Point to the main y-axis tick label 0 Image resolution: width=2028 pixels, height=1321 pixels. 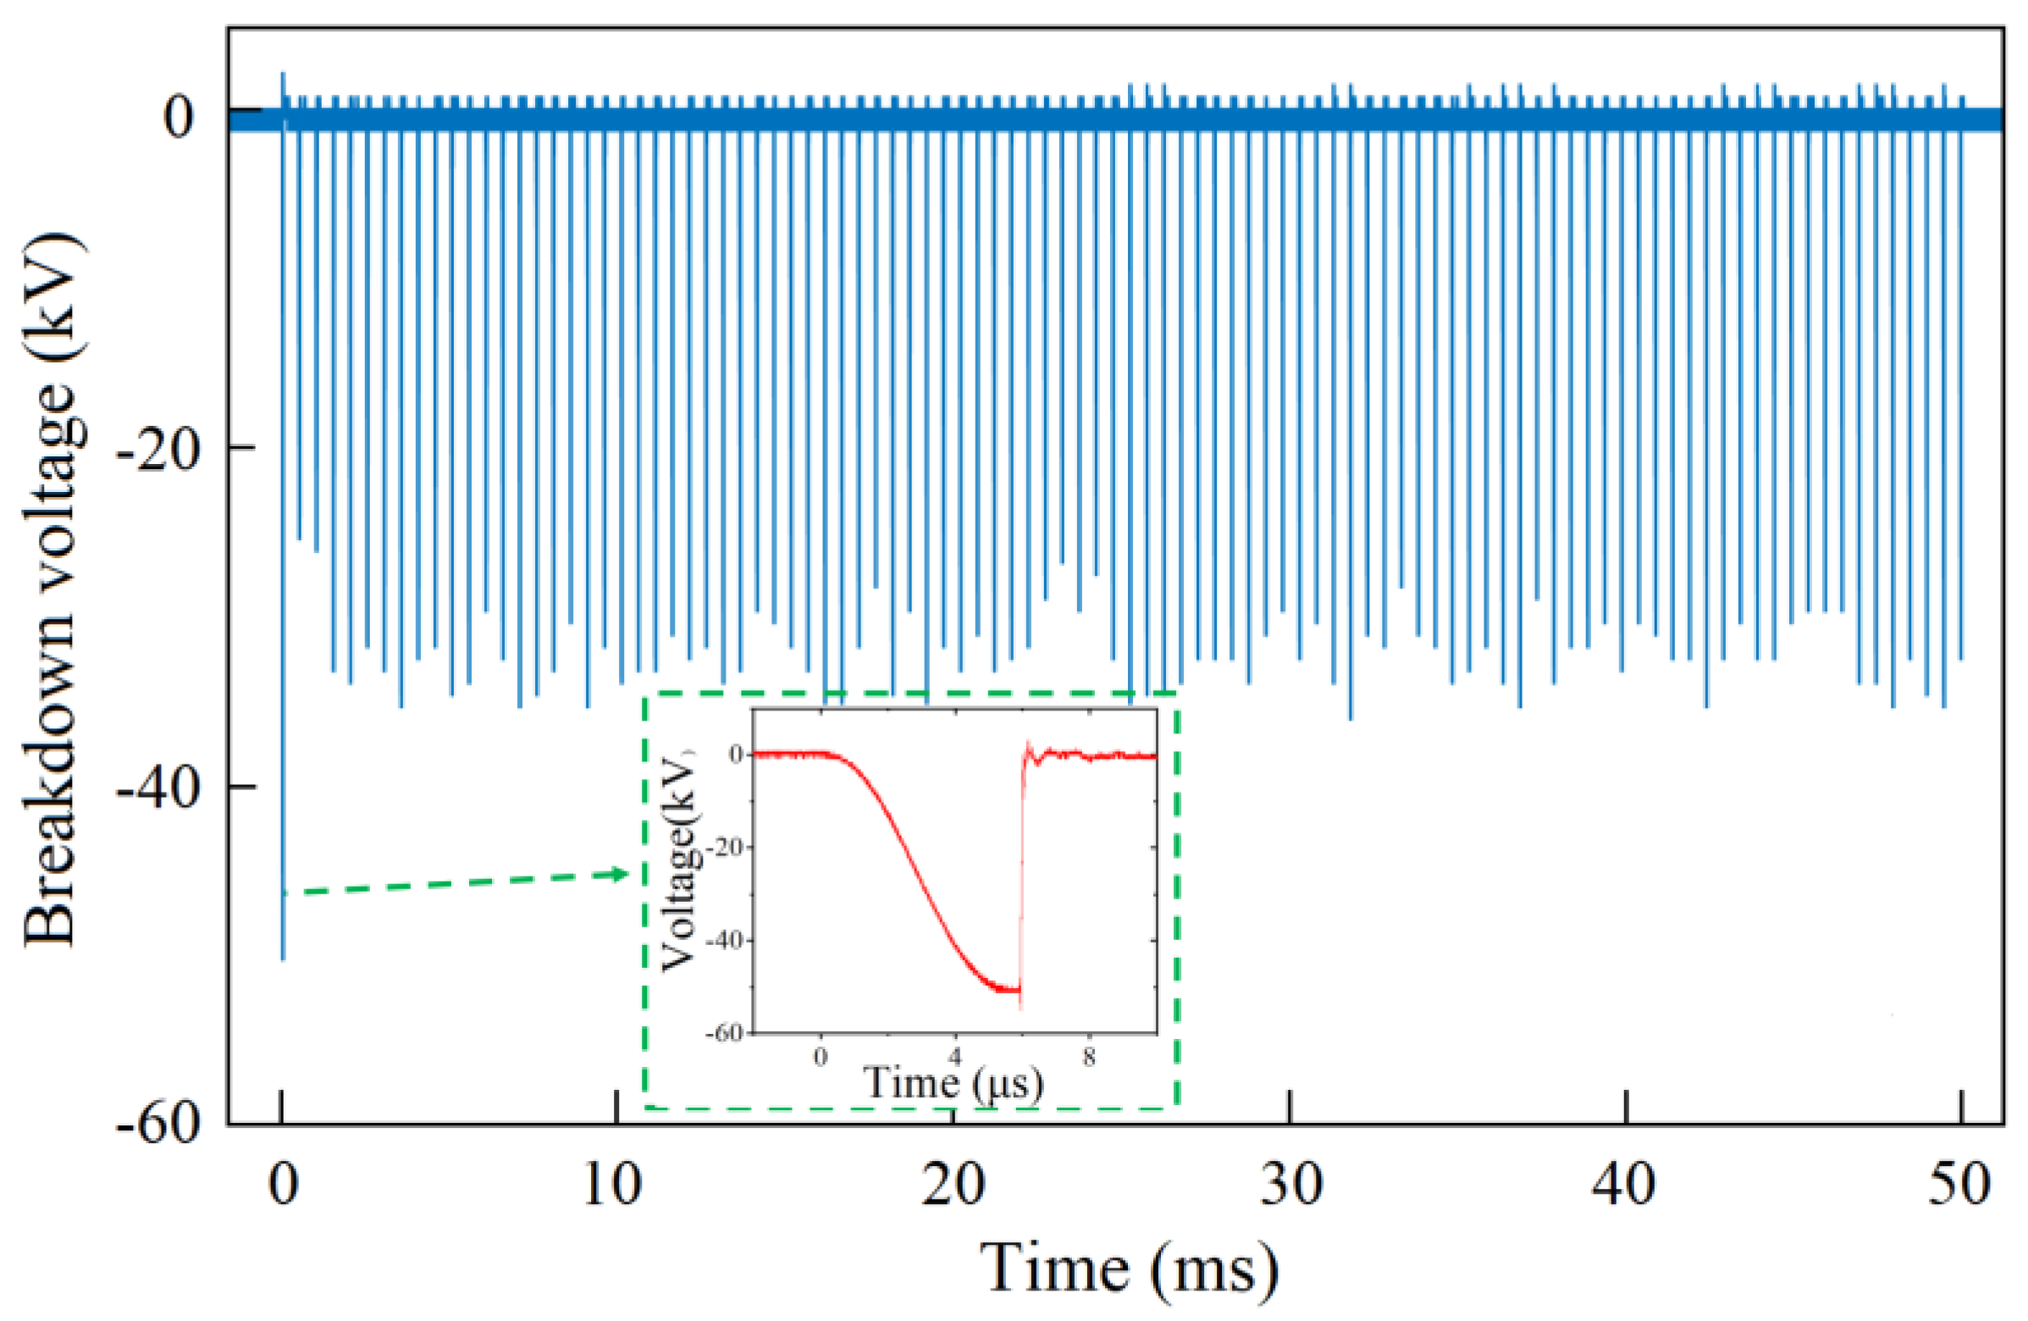click(179, 117)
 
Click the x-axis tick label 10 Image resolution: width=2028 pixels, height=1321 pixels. click(612, 1185)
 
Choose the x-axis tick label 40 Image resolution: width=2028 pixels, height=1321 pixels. click(1625, 1185)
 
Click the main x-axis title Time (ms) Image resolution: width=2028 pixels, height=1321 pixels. click(1129, 1269)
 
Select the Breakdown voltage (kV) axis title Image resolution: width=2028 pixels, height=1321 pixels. click(52, 591)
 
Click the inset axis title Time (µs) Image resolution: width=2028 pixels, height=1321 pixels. click(953, 1083)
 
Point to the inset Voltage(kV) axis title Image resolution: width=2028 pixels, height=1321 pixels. click(679, 860)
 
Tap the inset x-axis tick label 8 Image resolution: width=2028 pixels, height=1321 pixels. click(1089, 1058)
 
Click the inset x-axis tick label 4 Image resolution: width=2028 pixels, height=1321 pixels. click(954, 1058)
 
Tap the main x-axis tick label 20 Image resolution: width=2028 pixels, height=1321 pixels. click(953, 1185)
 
